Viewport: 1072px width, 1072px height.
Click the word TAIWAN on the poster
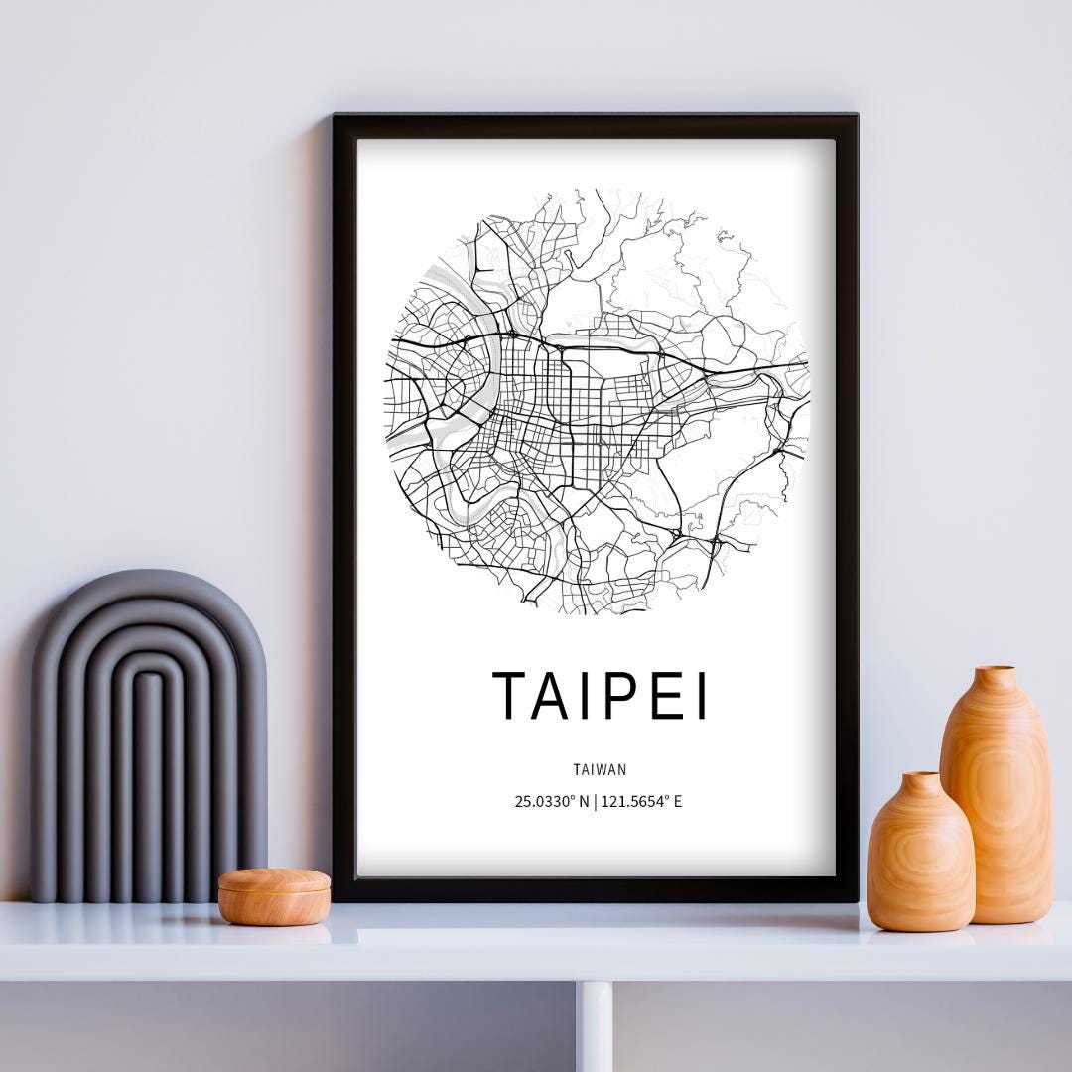point(600,769)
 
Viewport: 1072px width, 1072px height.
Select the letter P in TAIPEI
point(606,695)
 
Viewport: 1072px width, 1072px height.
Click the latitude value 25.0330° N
point(551,802)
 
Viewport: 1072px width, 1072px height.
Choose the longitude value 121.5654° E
point(642,802)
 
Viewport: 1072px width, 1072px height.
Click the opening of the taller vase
point(994,672)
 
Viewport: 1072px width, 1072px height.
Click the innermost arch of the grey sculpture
point(149,784)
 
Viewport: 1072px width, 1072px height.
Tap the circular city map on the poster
point(597,401)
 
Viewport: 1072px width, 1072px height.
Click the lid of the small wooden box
point(274,881)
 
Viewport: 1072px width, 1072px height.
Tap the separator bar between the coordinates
point(596,802)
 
